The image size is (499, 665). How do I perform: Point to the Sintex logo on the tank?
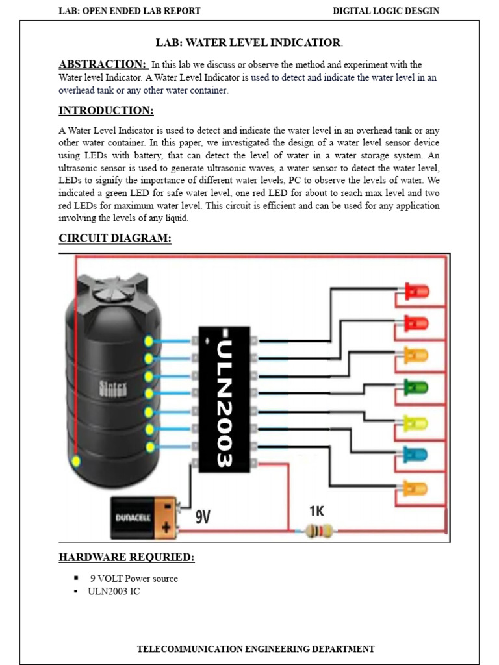tap(113, 388)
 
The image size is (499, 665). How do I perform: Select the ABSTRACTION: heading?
tap(103, 64)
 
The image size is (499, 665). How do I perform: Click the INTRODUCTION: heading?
tap(106, 110)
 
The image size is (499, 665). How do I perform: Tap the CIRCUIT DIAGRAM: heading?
tap(115, 238)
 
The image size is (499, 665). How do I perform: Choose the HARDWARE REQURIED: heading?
tap(127, 557)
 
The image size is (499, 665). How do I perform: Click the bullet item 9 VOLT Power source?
tap(134, 579)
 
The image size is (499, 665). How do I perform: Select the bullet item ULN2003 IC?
tap(114, 592)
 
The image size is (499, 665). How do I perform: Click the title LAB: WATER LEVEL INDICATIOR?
tap(249, 43)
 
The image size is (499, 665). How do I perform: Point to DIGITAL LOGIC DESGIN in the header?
tap(386, 11)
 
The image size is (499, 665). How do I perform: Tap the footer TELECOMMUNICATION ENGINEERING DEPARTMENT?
tap(256, 649)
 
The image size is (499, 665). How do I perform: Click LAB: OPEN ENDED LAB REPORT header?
tap(130, 11)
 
